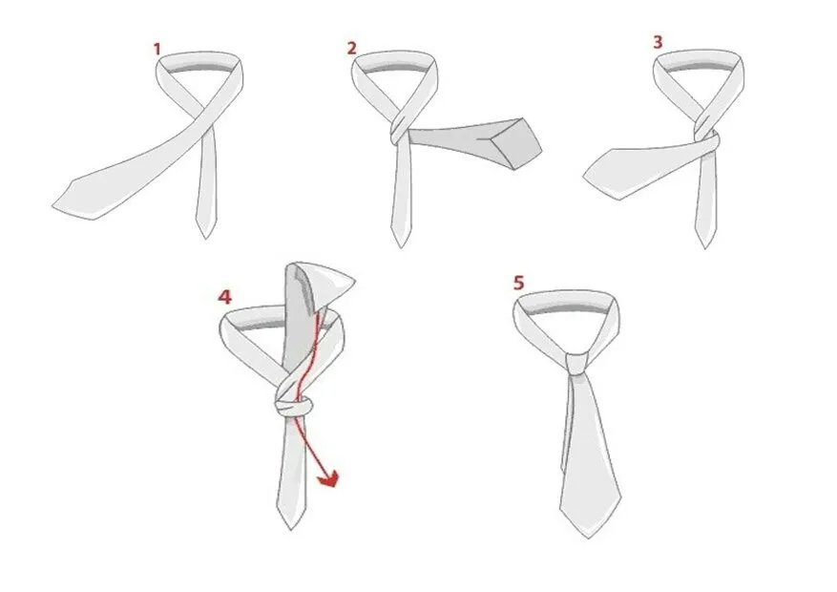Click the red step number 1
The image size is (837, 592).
coord(157,50)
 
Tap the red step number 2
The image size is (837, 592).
coord(351,49)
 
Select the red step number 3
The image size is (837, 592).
coord(658,42)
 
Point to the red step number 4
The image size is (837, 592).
coord(224,297)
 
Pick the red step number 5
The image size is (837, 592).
coord(519,283)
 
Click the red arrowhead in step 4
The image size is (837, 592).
coord(329,478)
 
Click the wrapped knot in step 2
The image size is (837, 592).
coord(398,129)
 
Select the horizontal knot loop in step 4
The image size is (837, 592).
coord(293,408)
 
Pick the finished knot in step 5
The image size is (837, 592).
coord(577,364)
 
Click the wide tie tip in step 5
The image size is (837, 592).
coord(588,537)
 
